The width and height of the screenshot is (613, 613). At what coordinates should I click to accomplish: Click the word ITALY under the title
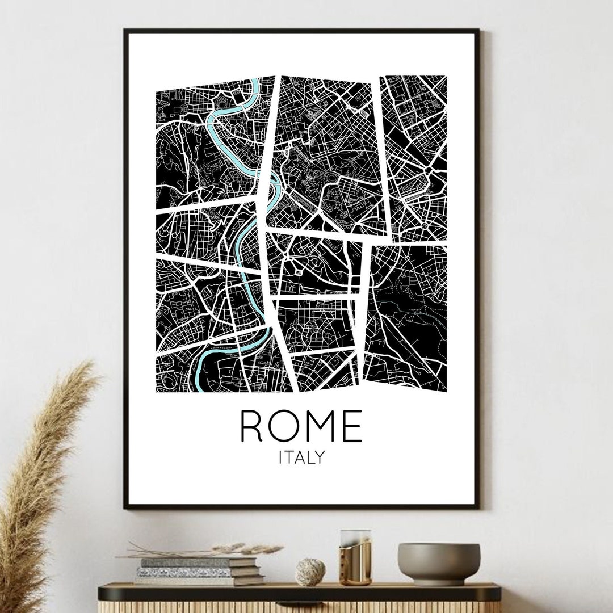(301, 457)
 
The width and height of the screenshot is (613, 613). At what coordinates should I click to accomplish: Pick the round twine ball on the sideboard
(310, 572)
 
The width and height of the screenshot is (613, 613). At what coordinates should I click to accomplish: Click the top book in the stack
(199, 562)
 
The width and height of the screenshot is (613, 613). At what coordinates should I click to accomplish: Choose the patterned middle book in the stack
(193, 572)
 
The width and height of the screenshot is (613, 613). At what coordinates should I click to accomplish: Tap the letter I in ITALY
(280, 457)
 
